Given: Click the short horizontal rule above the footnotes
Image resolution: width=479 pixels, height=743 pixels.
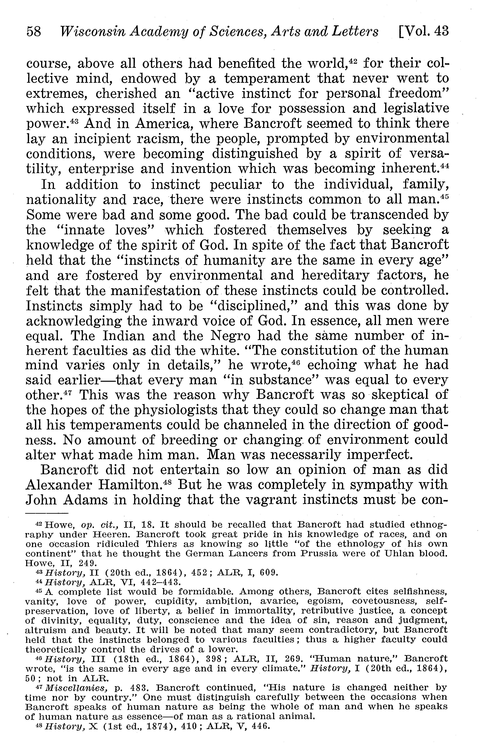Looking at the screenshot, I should [47, 513].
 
